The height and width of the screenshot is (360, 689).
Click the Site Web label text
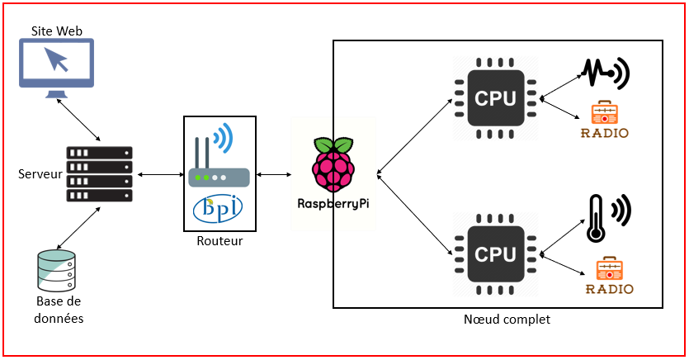point(57,31)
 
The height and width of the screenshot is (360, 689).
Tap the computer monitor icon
point(57,67)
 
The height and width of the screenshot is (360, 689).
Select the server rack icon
point(100,174)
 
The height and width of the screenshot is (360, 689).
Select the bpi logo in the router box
point(218,209)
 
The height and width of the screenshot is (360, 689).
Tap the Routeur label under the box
point(219,240)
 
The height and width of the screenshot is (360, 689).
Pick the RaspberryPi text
point(333,202)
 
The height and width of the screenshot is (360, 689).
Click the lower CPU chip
point(495,254)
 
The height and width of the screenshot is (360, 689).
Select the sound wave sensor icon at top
point(606,74)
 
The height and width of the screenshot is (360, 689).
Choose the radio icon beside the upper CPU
point(606,121)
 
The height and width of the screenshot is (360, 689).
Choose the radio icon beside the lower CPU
point(609,276)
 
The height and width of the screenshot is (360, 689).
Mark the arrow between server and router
point(160,174)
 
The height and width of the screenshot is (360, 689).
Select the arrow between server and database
point(79,225)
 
